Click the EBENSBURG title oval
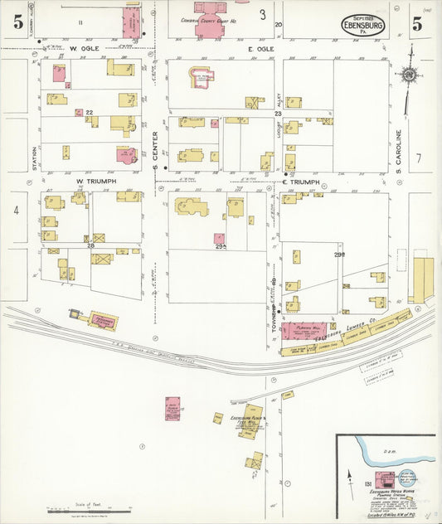(x=363, y=26)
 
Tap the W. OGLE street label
(x=85, y=49)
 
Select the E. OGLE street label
(x=260, y=49)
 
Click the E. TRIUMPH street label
(x=300, y=182)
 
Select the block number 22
(x=89, y=112)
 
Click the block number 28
(x=91, y=246)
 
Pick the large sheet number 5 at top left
(x=17, y=22)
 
